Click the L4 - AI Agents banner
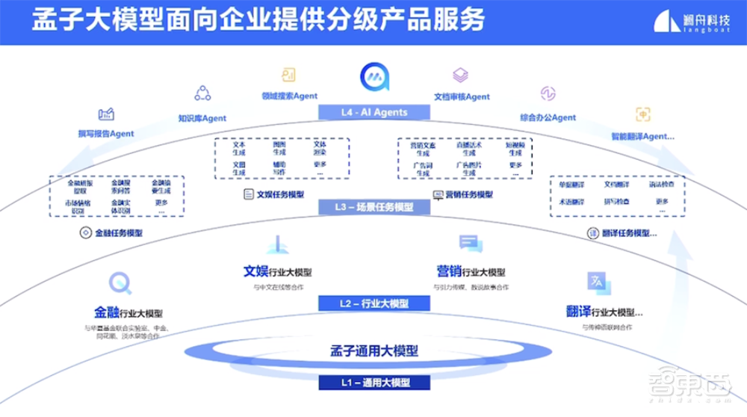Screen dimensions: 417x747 coord(375,112)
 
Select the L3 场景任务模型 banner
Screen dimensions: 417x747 coord(375,207)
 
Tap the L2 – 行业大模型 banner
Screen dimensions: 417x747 coord(375,303)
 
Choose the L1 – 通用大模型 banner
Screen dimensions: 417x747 coord(375,382)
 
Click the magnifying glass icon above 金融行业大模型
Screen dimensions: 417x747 coord(120,283)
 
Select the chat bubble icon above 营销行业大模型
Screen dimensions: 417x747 coord(468,243)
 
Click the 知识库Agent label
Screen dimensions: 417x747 coord(202,118)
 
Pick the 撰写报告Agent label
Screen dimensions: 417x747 coord(105,134)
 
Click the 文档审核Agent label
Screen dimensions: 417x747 coord(462,96)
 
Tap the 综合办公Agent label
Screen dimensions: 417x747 coord(548,117)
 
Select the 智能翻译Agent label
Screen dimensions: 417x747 coord(642,136)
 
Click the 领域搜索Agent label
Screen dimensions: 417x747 coord(289,96)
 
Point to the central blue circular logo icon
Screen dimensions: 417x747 coord(375,77)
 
